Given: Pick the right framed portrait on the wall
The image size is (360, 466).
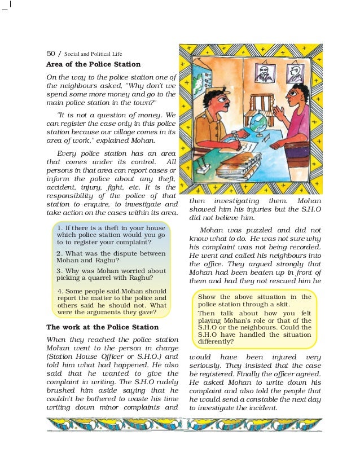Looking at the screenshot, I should (x=294, y=70).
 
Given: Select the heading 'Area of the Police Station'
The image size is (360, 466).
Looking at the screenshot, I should (x=93, y=64).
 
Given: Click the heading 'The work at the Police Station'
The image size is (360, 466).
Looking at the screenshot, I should (x=102, y=327).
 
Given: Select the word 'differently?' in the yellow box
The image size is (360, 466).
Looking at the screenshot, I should (x=216, y=341).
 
